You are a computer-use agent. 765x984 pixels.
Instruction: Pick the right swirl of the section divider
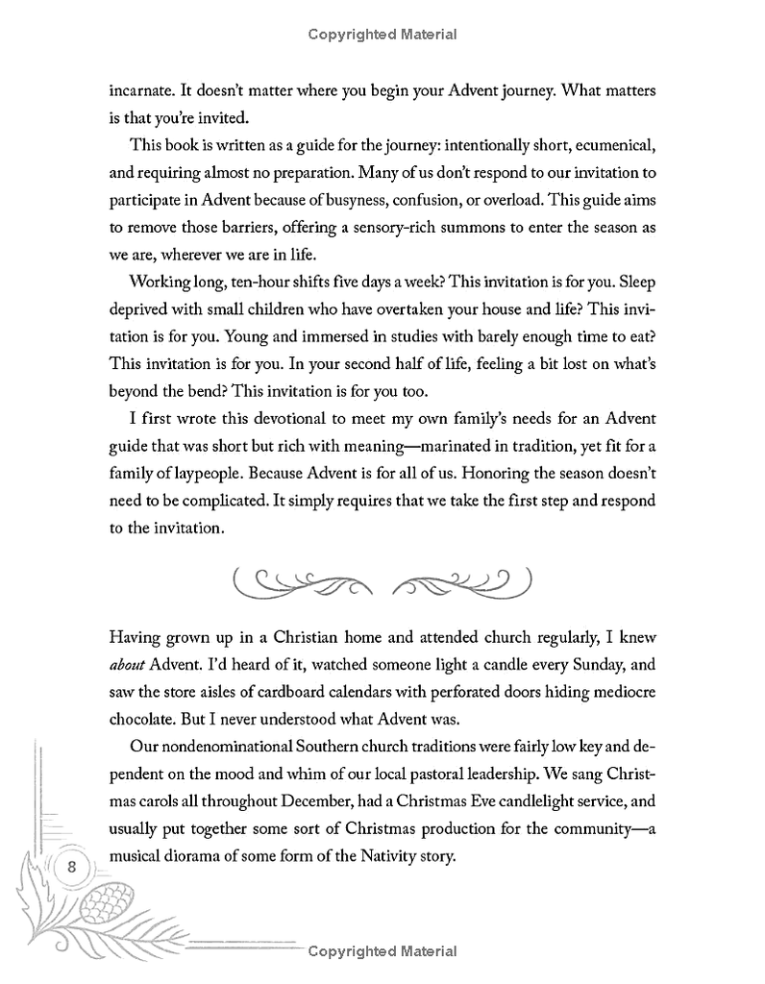(x=463, y=580)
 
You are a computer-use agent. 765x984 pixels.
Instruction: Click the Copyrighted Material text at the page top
(x=382, y=36)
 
